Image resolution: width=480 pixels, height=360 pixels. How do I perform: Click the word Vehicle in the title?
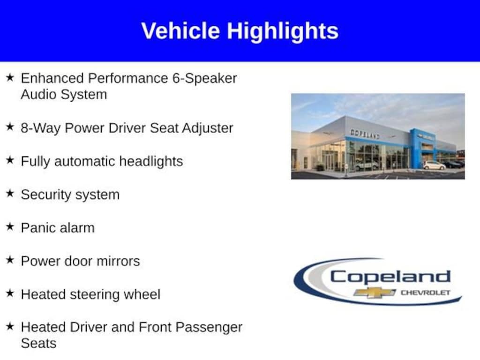point(180,31)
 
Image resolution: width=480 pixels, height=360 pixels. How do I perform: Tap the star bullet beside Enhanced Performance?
point(10,77)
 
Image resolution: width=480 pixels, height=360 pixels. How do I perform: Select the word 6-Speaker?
point(204,79)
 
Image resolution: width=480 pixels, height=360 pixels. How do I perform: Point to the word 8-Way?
point(41,128)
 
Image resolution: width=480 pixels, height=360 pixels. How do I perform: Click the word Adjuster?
point(208,128)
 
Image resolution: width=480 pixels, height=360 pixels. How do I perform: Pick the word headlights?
point(151,161)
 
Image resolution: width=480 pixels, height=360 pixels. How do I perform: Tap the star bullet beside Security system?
point(10,193)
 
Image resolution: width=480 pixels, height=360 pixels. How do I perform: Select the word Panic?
point(37,228)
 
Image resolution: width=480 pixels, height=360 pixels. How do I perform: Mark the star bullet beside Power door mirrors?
point(10,260)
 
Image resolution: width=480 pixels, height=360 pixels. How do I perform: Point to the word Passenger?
point(210,328)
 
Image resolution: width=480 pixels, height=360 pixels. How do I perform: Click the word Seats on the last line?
point(38,344)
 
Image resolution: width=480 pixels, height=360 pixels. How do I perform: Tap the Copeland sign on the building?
point(365,134)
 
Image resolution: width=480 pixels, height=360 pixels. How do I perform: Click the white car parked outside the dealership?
point(434,165)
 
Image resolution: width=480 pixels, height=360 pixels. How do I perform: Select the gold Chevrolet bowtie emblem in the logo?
point(375,292)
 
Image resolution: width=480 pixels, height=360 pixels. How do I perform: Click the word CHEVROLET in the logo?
point(426,292)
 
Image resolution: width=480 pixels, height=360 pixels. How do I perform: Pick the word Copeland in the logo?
point(390,277)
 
